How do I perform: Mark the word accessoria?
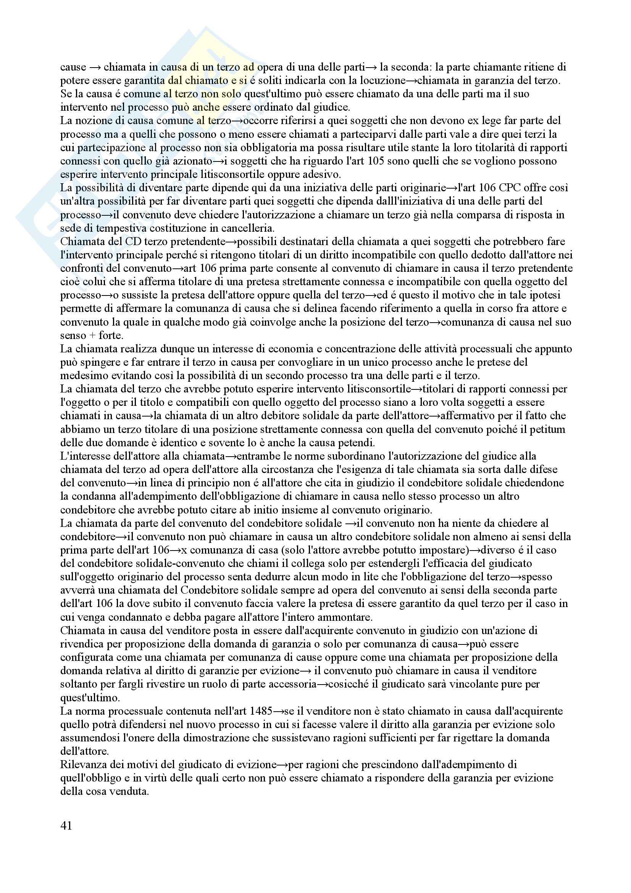point(288,684)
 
